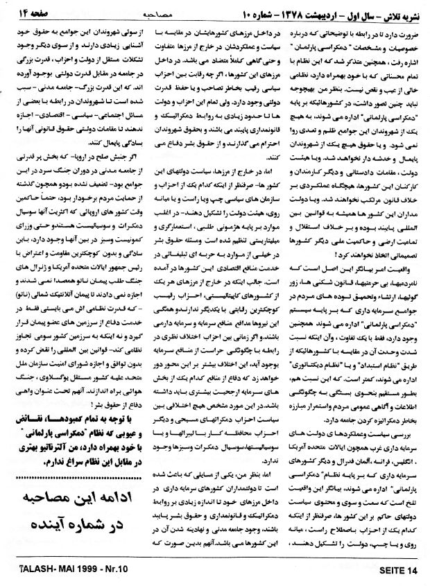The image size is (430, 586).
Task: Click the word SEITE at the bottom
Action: pos(387,571)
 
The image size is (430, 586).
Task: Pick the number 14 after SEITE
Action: pos(413,571)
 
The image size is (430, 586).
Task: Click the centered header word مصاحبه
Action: pos(214,11)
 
